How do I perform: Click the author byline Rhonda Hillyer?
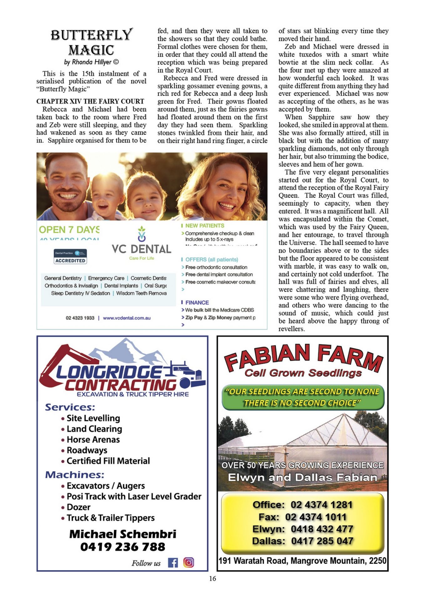[x=91, y=62]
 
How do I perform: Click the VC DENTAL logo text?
[x=141, y=249]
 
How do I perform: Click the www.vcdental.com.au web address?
[x=127, y=318]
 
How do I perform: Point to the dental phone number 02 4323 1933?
[x=80, y=318]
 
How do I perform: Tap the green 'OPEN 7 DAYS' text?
[x=69, y=230]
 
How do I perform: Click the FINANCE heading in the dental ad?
[x=197, y=302]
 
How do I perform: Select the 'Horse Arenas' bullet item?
[x=93, y=440]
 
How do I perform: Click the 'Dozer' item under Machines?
[x=79, y=507]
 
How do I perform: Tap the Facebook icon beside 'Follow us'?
[x=173, y=563]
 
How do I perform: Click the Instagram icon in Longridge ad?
[x=188, y=562]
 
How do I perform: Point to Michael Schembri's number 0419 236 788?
[x=123, y=547]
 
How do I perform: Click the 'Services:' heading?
[x=70, y=407]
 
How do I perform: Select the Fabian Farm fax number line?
[x=302, y=517]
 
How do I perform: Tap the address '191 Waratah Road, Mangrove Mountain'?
[x=302, y=561]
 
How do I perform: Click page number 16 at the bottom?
[x=212, y=579]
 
